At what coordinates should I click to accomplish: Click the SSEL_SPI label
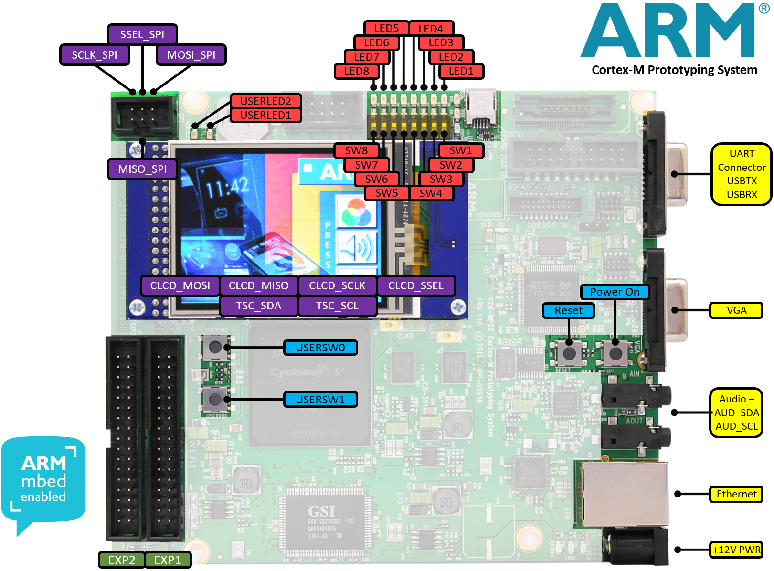[142, 34]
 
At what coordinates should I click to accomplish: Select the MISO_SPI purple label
[142, 169]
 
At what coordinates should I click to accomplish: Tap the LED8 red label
[356, 72]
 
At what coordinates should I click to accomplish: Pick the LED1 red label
[461, 72]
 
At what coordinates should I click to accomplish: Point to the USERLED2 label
[265, 101]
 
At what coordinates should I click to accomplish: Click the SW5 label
[386, 193]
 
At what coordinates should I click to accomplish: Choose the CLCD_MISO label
[258, 285]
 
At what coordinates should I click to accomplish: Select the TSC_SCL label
[337, 306]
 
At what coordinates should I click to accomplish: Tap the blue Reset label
[568, 310]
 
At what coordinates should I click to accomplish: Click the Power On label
[615, 292]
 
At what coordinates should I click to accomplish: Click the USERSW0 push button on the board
[215, 347]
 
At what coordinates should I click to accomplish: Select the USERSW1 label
[320, 400]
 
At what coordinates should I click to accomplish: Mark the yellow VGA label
[736, 310]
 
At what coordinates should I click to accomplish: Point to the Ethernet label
[736, 494]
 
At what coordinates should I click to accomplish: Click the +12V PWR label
[736, 550]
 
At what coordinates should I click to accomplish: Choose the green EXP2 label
[121, 560]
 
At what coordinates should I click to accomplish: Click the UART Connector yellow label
[741, 174]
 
